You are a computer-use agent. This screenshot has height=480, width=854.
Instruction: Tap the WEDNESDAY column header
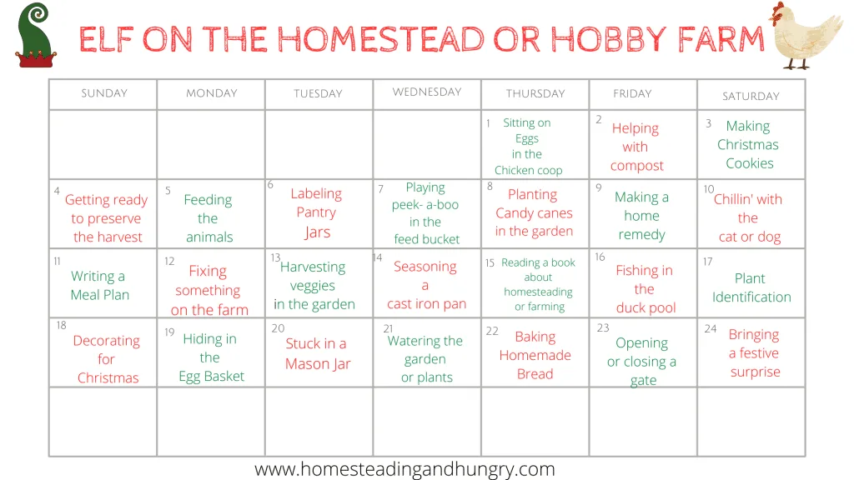[427, 92]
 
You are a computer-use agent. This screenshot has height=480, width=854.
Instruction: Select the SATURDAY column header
[751, 97]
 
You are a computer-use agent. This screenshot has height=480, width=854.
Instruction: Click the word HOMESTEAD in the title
[380, 39]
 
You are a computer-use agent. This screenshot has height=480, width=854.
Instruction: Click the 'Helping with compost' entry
[636, 147]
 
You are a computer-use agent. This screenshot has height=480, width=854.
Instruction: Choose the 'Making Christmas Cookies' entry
[748, 145]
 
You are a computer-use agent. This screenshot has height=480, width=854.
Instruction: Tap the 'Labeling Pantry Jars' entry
[316, 212]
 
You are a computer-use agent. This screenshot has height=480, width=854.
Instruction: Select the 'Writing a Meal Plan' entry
[100, 285]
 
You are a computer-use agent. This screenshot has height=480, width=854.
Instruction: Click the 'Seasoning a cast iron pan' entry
[426, 285]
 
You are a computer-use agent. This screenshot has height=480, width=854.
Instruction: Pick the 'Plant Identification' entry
[751, 287]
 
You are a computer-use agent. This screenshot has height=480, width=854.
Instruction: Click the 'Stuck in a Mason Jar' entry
[318, 353]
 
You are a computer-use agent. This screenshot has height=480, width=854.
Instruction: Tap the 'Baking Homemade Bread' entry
[535, 355]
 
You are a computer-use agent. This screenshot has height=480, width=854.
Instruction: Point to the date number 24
[711, 328]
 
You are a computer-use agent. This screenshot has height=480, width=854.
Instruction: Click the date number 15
[490, 262]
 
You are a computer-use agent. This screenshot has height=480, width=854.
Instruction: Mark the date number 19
[169, 332]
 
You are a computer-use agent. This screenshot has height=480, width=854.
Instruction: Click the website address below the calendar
[404, 469]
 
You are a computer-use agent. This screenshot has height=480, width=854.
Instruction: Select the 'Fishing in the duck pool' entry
[645, 289]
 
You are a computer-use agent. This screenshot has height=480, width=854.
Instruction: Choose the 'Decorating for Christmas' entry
[107, 359]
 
